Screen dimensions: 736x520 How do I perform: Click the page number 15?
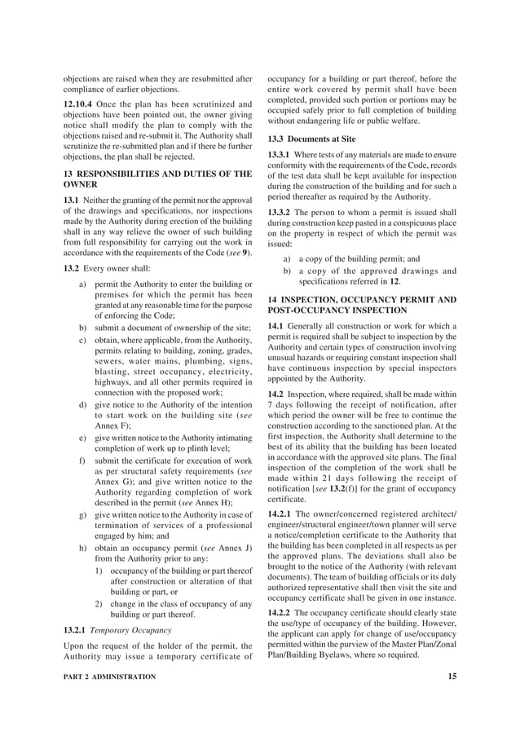click(452, 677)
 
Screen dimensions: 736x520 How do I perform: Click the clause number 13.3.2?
click(284, 212)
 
